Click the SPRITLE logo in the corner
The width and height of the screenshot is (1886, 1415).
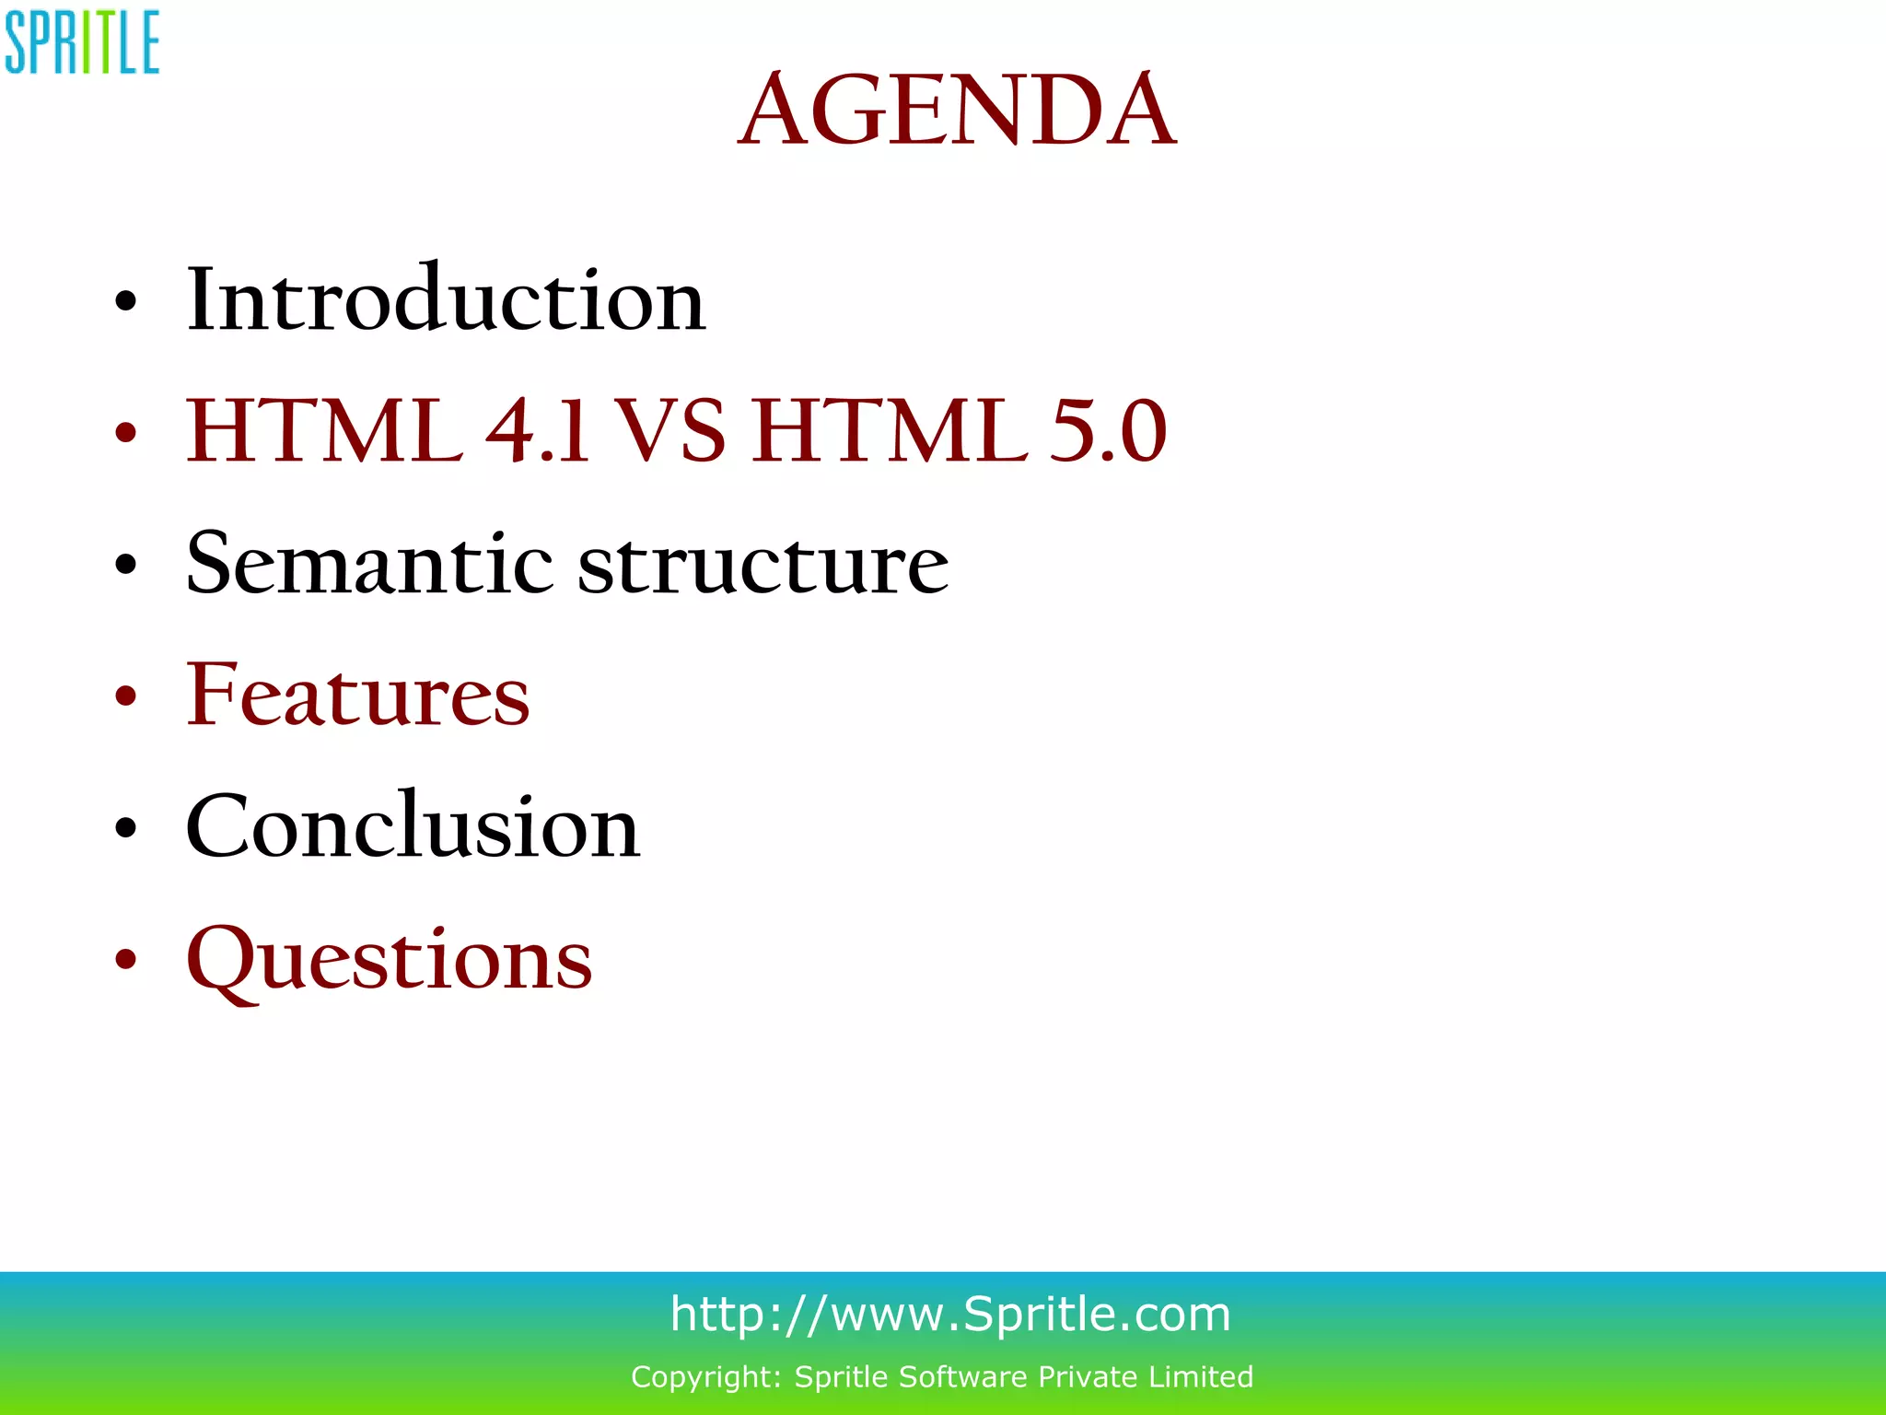tap(82, 42)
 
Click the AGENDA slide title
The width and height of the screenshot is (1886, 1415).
tap(957, 111)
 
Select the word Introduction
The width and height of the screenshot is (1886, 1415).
tap(446, 299)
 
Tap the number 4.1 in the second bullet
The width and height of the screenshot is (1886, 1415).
tap(537, 431)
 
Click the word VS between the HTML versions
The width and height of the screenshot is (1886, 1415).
tap(669, 431)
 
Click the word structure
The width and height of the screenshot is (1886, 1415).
tap(763, 563)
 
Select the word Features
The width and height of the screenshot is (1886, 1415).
tap(358, 696)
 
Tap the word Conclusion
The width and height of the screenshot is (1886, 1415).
tap(413, 827)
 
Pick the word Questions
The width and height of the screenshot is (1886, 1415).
tap(389, 960)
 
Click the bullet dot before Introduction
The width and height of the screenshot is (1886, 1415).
tap(125, 301)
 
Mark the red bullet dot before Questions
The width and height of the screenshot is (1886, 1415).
tap(125, 960)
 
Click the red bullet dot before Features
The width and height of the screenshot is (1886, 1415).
tap(125, 696)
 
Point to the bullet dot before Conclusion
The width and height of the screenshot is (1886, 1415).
tap(125, 828)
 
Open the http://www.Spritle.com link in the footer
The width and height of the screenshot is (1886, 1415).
tap(950, 1314)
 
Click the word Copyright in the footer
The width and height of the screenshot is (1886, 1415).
tap(705, 1377)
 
